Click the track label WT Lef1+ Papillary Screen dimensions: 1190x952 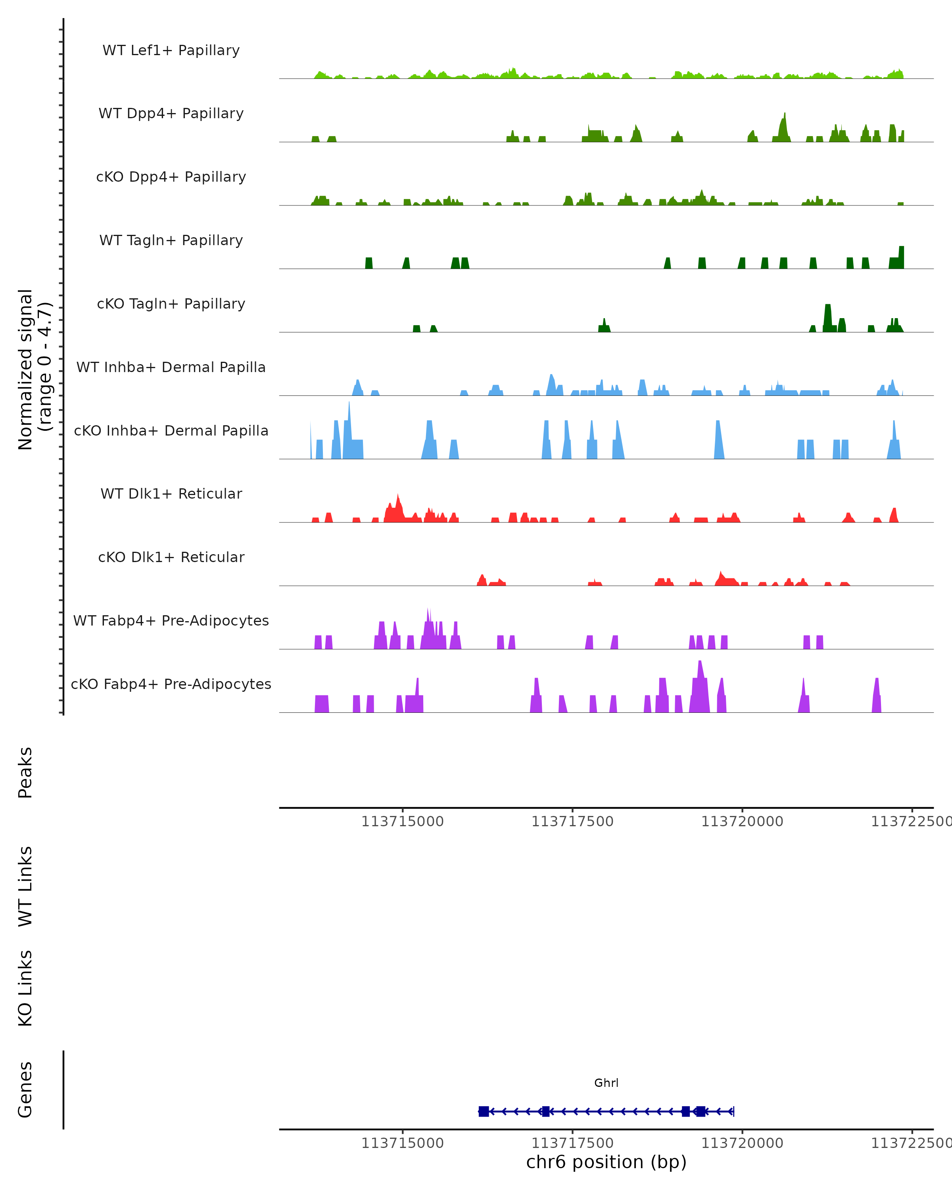tap(171, 50)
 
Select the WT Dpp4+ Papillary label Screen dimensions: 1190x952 tap(171, 114)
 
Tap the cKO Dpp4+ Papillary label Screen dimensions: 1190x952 tap(171, 177)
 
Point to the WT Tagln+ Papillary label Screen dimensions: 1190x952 tap(171, 241)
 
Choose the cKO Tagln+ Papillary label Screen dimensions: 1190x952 tap(171, 304)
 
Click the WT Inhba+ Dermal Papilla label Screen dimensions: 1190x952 tap(171, 368)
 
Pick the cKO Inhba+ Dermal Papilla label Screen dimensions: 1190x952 tap(171, 431)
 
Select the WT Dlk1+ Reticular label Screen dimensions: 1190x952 tap(171, 494)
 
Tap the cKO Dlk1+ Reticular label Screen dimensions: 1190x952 tap(171, 557)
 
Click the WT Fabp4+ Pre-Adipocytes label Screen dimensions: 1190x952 tap(171, 621)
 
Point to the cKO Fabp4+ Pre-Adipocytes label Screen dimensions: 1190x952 tap(171, 684)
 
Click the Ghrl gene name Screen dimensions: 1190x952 tap(606, 1083)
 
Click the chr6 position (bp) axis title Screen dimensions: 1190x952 tap(606, 1162)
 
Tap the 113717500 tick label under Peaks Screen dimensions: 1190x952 tap(572, 821)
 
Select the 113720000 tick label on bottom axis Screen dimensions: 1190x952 tap(742, 1143)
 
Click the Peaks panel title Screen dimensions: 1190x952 tap(25, 772)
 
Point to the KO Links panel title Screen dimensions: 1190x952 tap(25, 988)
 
